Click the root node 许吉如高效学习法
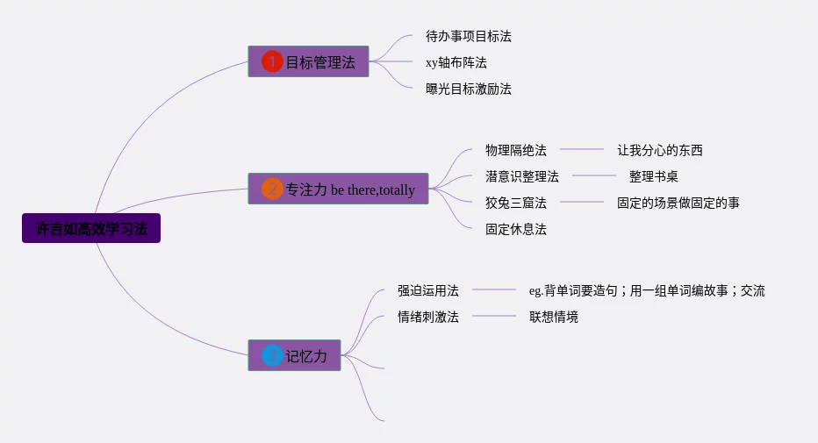(x=91, y=228)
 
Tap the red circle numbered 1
(x=272, y=61)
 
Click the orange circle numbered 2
(x=272, y=189)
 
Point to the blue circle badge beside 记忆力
(x=272, y=355)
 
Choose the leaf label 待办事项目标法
(x=468, y=36)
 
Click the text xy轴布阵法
(x=456, y=62)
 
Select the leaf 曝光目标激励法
(x=468, y=89)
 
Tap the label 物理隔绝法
(x=516, y=150)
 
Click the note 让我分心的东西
(x=659, y=150)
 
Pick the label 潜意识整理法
(x=522, y=176)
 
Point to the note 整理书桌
(x=653, y=176)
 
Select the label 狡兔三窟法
(x=516, y=203)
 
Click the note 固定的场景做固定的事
(x=678, y=203)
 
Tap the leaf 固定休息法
(x=516, y=229)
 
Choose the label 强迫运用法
(x=427, y=290)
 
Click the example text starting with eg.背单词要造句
(x=646, y=290)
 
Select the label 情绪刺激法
(x=427, y=317)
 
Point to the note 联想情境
(x=553, y=317)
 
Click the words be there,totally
(x=373, y=189)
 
